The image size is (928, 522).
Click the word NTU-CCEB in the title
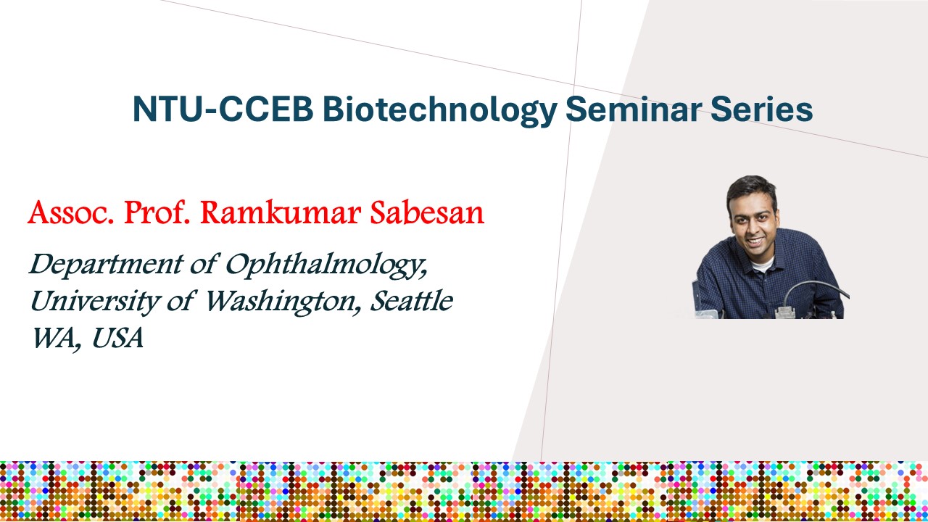click(223, 109)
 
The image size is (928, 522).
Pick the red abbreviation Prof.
click(157, 212)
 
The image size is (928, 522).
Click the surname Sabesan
click(427, 212)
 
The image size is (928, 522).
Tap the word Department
click(107, 265)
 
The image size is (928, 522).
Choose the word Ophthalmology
click(326, 265)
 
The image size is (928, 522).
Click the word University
click(94, 302)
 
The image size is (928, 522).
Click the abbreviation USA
click(117, 338)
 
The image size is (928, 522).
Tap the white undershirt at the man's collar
click(763, 263)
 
